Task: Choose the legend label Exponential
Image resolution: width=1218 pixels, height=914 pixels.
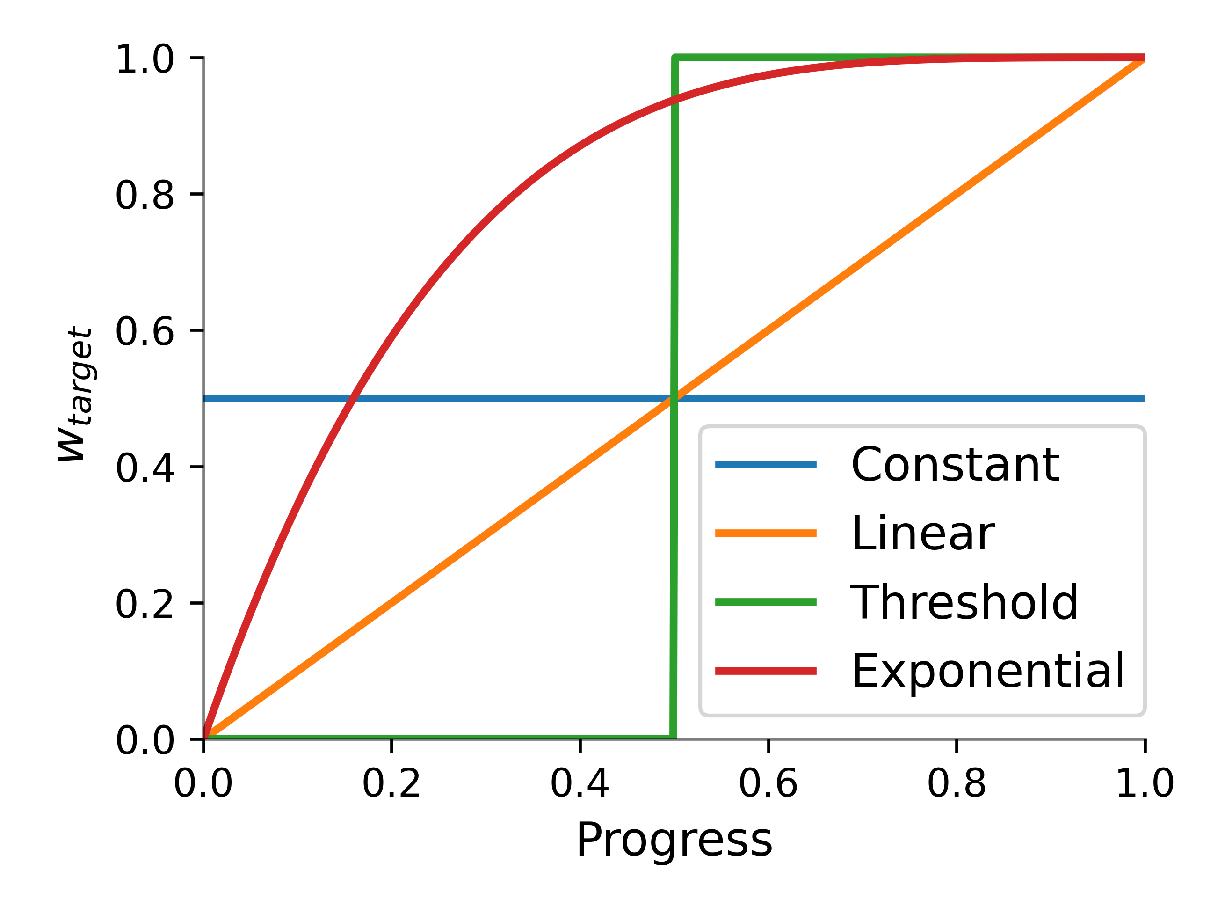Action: [x=987, y=671]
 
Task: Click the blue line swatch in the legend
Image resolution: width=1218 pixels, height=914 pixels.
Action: [x=765, y=464]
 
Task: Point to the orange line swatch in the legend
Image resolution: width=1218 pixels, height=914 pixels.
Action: [x=765, y=534]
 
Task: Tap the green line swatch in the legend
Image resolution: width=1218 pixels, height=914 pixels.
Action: [x=765, y=602]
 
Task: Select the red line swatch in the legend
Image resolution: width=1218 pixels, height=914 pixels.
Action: [x=765, y=671]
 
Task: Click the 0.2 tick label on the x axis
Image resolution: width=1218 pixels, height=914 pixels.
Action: [x=391, y=783]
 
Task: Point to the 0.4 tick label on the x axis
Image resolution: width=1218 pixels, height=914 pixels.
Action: [x=580, y=783]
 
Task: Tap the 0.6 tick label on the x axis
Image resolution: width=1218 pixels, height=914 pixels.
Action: [x=768, y=783]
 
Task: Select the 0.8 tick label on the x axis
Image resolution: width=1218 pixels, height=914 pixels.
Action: [x=957, y=783]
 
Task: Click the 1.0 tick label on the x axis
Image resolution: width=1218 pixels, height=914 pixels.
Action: [x=1144, y=783]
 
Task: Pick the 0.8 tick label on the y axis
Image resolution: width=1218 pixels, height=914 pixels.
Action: [x=144, y=195]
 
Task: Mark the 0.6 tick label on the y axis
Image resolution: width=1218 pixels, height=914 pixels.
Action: [x=144, y=331]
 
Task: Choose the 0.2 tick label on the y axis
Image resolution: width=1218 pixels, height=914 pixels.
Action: [x=144, y=604]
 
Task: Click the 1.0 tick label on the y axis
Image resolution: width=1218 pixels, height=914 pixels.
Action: [x=144, y=59]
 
